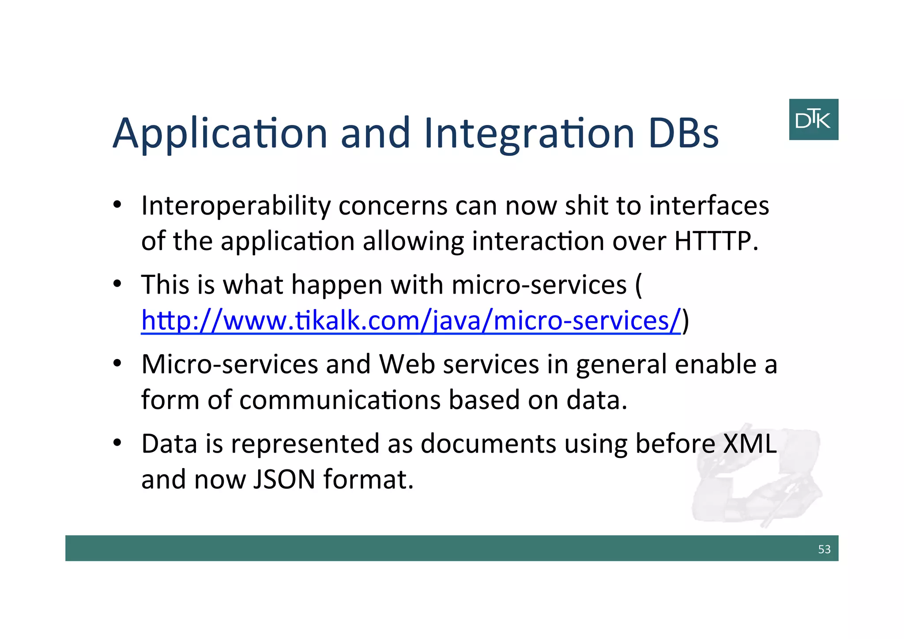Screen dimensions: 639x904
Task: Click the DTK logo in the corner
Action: pyautogui.click(x=813, y=120)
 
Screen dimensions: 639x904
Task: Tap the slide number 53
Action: pyautogui.click(x=824, y=549)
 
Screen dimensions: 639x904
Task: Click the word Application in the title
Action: pyautogui.click(x=220, y=133)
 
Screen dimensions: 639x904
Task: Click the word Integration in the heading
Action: pyautogui.click(x=529, y=133)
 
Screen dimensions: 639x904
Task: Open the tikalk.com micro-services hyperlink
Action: pyautogui.click(x=411, y=321)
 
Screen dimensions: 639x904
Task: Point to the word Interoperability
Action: pyautogui.click(x=236, y=206)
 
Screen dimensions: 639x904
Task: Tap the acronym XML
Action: pyautogui.click(x=750, y=443)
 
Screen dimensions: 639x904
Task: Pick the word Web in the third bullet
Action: pyautogui.click(x=407, y=364)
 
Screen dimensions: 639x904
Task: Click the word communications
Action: pyautogui.click(x=340, y=400)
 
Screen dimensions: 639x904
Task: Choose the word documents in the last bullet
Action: pyautogui.click(x=488, y=443)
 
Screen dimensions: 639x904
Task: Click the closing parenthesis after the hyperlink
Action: pyautogui.click(x=686, y=321)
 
